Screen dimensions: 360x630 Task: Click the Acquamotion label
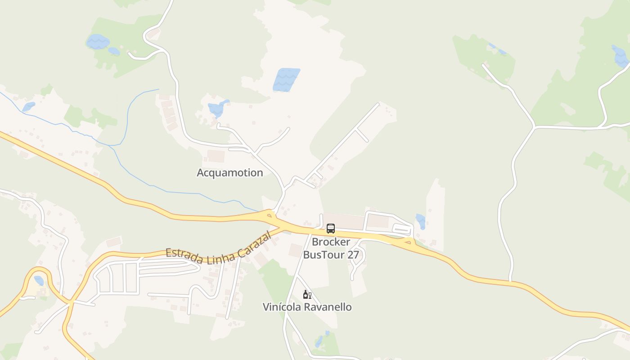point(229,173)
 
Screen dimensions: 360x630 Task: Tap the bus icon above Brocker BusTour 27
point(331,229)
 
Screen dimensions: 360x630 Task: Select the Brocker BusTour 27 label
point(331,248)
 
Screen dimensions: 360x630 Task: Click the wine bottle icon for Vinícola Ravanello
point(307,295)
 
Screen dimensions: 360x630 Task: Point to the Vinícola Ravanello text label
point(307,307)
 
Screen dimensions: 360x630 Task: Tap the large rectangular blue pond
point(286,80)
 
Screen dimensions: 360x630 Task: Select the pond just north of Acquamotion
point(218,108)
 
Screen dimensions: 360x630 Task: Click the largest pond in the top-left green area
point(98,42)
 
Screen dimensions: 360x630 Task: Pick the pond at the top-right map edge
point(621,56)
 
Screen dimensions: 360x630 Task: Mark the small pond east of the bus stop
point(421,221)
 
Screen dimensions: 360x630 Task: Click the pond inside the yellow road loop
point(39,281)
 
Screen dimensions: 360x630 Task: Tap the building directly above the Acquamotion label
point(216,156)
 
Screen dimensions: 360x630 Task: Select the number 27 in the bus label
point(353,255)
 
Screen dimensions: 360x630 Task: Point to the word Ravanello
point(328,307)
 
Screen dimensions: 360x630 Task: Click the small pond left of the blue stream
point(28,107)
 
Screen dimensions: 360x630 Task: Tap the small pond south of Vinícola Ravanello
point(319,342)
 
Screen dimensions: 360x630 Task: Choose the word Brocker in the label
point(331,242)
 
